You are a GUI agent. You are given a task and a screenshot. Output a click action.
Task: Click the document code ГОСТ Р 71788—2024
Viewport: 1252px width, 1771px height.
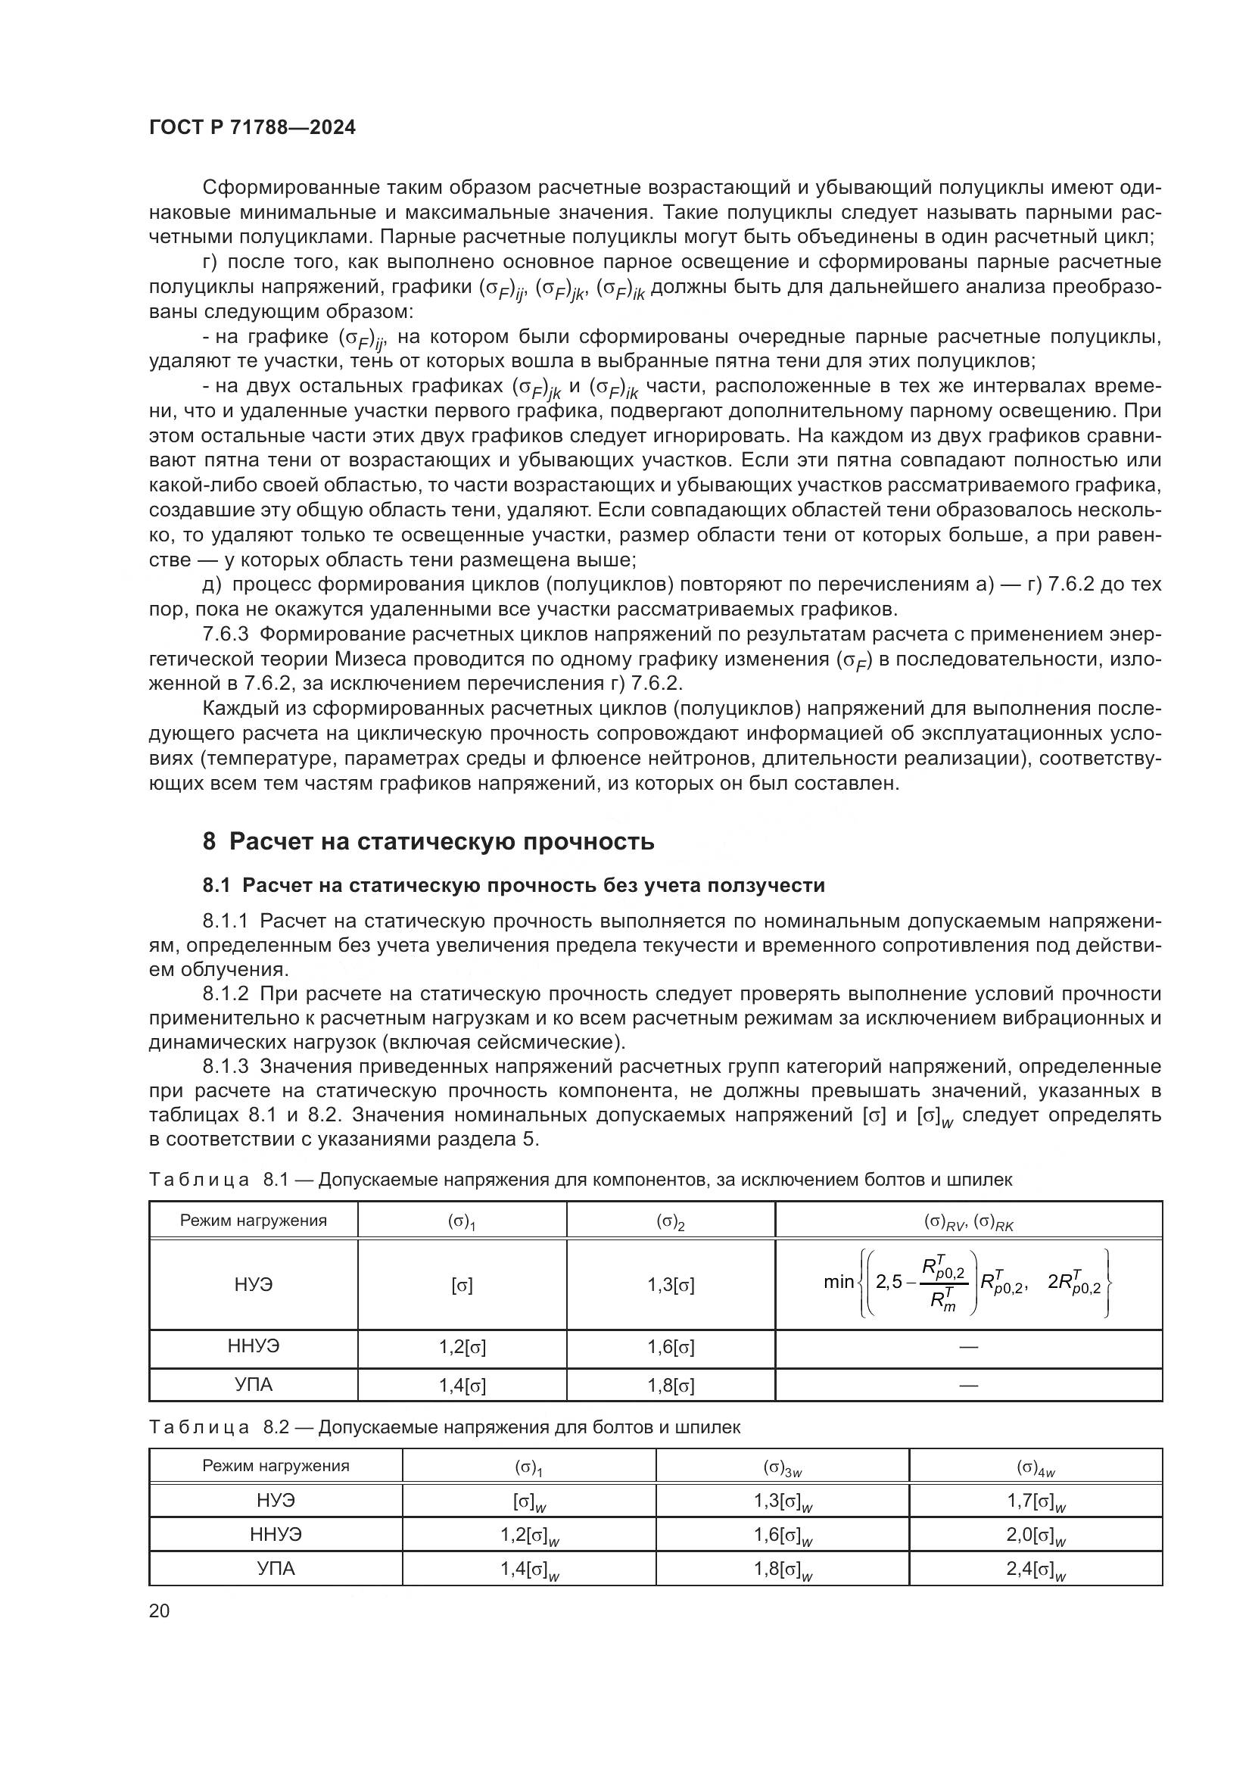(x=252, y=128)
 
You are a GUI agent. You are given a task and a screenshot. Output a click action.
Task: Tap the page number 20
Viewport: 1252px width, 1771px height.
(x=159, y=1610)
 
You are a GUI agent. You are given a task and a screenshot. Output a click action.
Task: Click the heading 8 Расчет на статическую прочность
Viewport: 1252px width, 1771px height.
(x=428, y=840)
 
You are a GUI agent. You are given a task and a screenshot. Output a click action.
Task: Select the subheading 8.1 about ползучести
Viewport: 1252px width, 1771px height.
(x=513, y=886)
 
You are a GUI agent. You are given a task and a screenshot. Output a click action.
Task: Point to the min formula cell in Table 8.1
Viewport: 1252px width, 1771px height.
(x=968, y=1283)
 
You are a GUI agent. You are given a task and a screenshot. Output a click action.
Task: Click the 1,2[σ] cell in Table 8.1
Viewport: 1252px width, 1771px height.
(x=462, y=1347)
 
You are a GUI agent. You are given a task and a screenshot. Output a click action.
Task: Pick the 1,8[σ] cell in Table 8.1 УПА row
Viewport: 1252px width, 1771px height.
(x=670, y=1386)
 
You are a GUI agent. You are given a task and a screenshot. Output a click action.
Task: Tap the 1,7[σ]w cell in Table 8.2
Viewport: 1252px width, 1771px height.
(x=1036, y=1501)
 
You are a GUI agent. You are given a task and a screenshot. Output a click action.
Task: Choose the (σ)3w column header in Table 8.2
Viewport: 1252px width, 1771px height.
(x=782, y=1467)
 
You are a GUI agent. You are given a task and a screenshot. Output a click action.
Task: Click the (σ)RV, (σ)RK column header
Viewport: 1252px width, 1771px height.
(x=968, y=1222)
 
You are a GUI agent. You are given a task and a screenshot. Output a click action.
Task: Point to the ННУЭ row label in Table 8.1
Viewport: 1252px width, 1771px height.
(x=254, y=1346)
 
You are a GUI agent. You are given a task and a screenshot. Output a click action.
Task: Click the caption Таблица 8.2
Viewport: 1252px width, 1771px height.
(x=444, y=1427)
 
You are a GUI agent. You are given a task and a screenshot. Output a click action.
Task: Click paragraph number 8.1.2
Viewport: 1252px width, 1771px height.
(x=225, y=993)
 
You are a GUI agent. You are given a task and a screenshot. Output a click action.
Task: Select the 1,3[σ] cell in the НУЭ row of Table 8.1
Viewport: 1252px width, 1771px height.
(x=670, y=1285)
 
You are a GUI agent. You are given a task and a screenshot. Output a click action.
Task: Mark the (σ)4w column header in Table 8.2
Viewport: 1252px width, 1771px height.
(x=1036, y=1467)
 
